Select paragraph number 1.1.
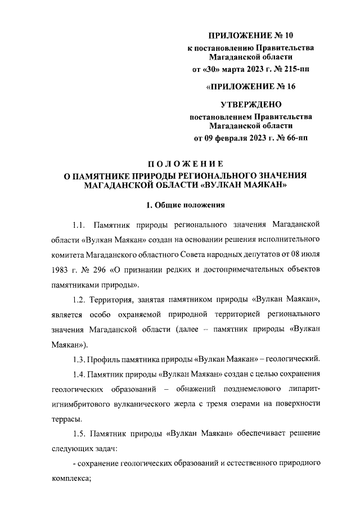[x=80, y=225]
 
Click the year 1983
[x=61, y=269]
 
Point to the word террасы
[x=65, y=418]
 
